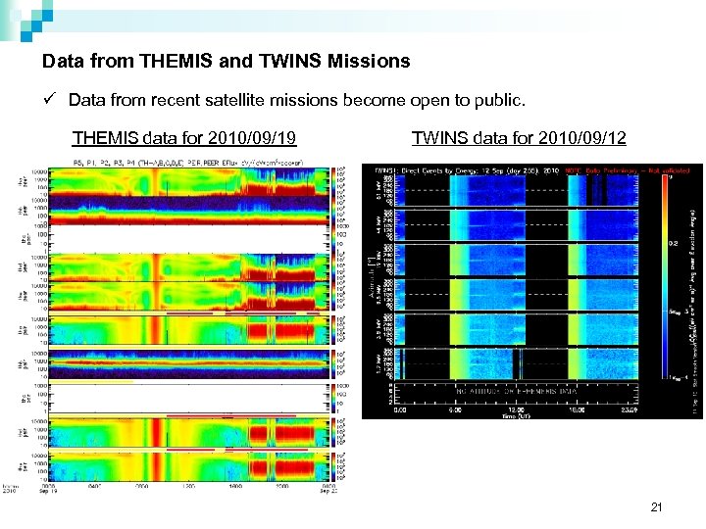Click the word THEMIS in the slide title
[171, 61]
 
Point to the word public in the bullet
[500, 101]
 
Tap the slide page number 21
[657, 507]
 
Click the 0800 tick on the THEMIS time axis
[141, 486]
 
